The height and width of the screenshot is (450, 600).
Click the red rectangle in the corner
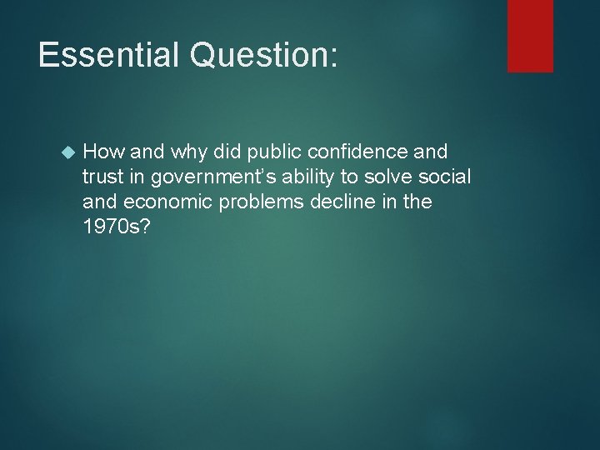click(530, 35)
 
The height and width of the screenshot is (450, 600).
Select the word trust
click(103, 177)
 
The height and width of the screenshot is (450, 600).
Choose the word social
click(447, 177)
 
